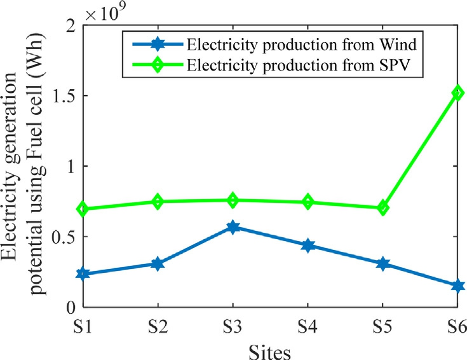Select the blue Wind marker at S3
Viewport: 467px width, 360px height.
coord(233,227)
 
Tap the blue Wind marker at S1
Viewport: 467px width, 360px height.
coord(83,273)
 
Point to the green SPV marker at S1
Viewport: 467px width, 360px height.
coord(83,209)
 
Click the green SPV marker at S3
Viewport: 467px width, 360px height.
coord(233,200)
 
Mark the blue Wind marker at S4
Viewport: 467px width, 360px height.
coord(308,246)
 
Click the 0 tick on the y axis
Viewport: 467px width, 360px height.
coord(70,307)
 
